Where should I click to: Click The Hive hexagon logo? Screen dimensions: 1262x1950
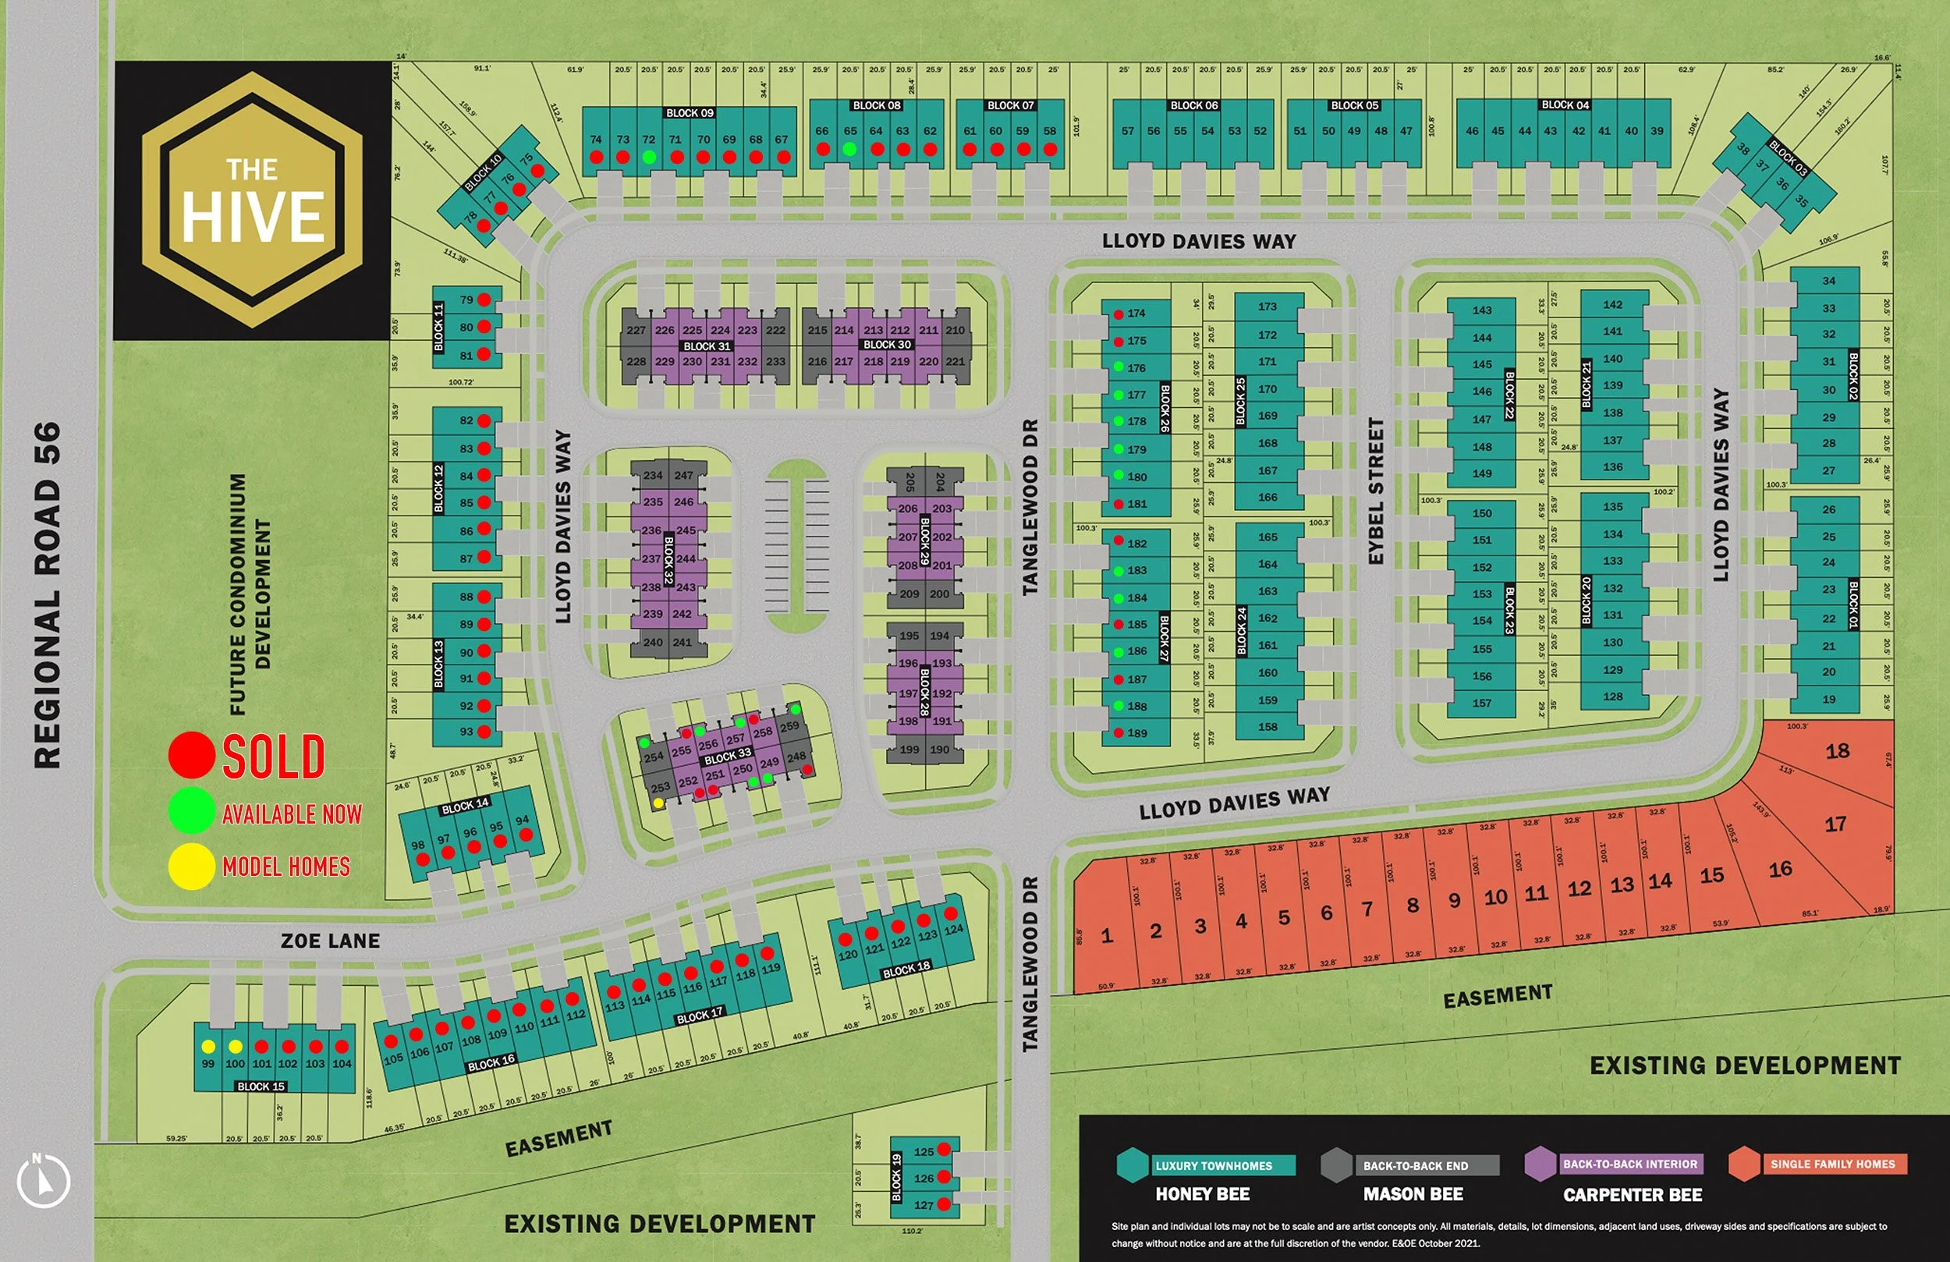point(253,200)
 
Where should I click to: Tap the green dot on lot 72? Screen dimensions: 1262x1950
point(649,157)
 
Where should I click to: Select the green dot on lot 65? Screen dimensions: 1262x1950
point(849,149)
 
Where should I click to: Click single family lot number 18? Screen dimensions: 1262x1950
point(1837,750)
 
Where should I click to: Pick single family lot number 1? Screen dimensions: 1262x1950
point(1107,936)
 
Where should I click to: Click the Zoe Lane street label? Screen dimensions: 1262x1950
point(330,941)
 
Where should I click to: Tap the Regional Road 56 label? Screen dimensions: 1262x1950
point(48,594)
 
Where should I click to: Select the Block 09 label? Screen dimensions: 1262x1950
point(689,113)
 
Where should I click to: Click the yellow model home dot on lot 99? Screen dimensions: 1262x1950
point(208,1047)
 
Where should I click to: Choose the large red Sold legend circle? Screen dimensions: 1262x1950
point(192,755)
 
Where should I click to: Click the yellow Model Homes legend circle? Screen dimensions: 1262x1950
point(192,867)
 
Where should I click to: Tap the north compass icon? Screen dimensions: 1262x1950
point(44,1181)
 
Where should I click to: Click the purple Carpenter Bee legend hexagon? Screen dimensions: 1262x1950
point(1540,1164)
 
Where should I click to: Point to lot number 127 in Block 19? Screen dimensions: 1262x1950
point(924,1204)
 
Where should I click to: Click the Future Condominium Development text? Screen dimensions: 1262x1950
point(249,594)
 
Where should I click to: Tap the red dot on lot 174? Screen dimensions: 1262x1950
point(1119,314)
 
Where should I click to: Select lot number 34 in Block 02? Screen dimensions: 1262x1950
point(1829,280)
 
